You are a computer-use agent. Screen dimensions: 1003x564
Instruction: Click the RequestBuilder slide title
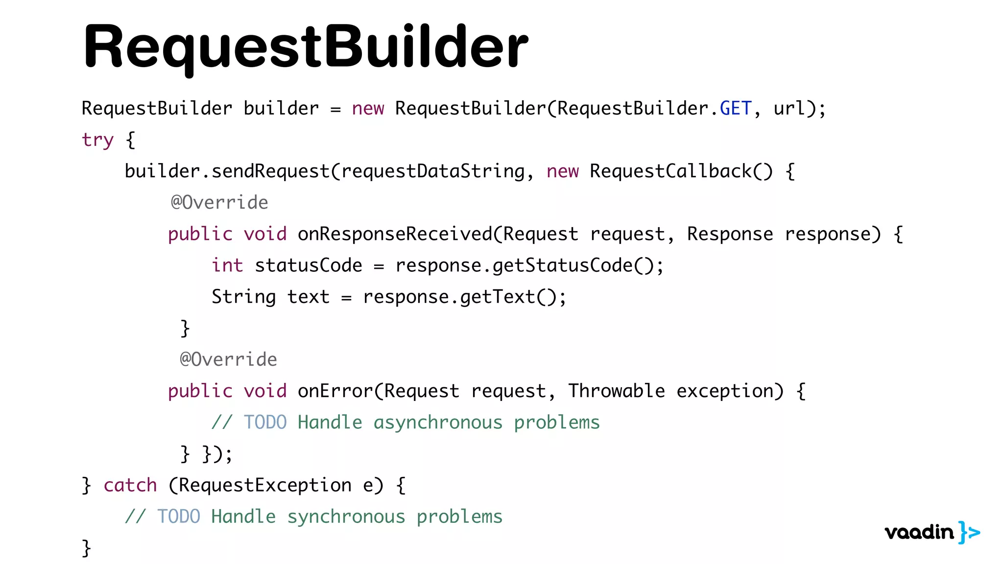tap(306, 47)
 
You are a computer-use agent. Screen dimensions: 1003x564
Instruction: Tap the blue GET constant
tap(735, 108)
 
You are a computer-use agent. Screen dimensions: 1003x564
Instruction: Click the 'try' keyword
tap(97, 140)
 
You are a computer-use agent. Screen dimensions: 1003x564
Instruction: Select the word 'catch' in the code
tap(130, 485)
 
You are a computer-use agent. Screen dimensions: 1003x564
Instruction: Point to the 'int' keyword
tap(227, 265)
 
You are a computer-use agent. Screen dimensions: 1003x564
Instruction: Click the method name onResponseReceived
tap(395, 234)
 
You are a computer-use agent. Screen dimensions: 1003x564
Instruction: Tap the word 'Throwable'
tap(616, 391)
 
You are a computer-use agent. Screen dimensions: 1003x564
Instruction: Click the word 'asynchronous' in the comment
tap(438, 423)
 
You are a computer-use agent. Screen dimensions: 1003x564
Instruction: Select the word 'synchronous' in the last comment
tap(346, 517)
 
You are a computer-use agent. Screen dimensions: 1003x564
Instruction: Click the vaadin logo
tap(931, 532)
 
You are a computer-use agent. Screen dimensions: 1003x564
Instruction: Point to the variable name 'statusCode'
tap(308, 265)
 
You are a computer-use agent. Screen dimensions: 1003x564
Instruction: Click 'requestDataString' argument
tap(432, 171)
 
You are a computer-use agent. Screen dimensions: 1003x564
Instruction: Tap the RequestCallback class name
tap(670, 171)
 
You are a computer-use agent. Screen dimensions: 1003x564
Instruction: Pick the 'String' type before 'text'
tap(243, 297)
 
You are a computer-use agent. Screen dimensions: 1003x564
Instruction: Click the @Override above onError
tap(228, 360)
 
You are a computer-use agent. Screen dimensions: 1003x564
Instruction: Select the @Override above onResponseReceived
tap(219, 203)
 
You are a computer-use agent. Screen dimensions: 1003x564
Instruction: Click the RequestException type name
tap(265, 485)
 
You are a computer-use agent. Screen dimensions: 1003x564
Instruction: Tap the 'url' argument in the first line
tap(789, 108)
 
